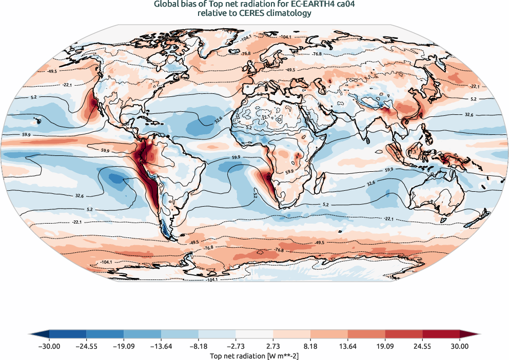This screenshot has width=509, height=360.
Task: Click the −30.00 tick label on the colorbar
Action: pos(49,346)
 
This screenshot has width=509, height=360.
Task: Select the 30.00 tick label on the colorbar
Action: pos(460,346)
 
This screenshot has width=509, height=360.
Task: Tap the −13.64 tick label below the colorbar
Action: pos(161,346)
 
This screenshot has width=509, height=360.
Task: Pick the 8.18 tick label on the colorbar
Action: pos(310,346)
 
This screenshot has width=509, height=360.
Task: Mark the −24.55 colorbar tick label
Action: pos(86,346)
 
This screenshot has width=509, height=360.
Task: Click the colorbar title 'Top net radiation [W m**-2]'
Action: pos(254,355)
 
